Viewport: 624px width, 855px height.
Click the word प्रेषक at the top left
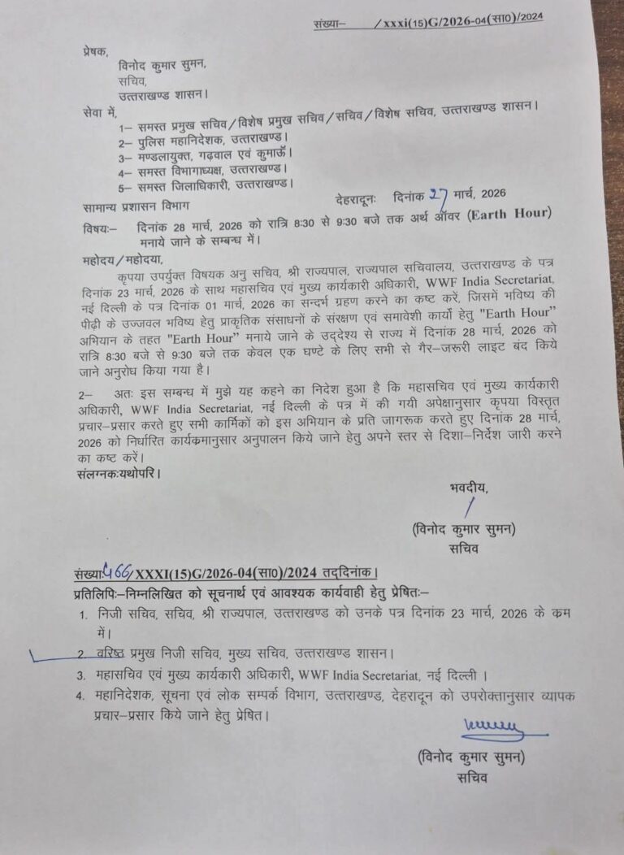coord(96,50)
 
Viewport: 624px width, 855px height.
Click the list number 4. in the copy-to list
coord(80,696)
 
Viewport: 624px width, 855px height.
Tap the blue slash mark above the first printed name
coord(467,508)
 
